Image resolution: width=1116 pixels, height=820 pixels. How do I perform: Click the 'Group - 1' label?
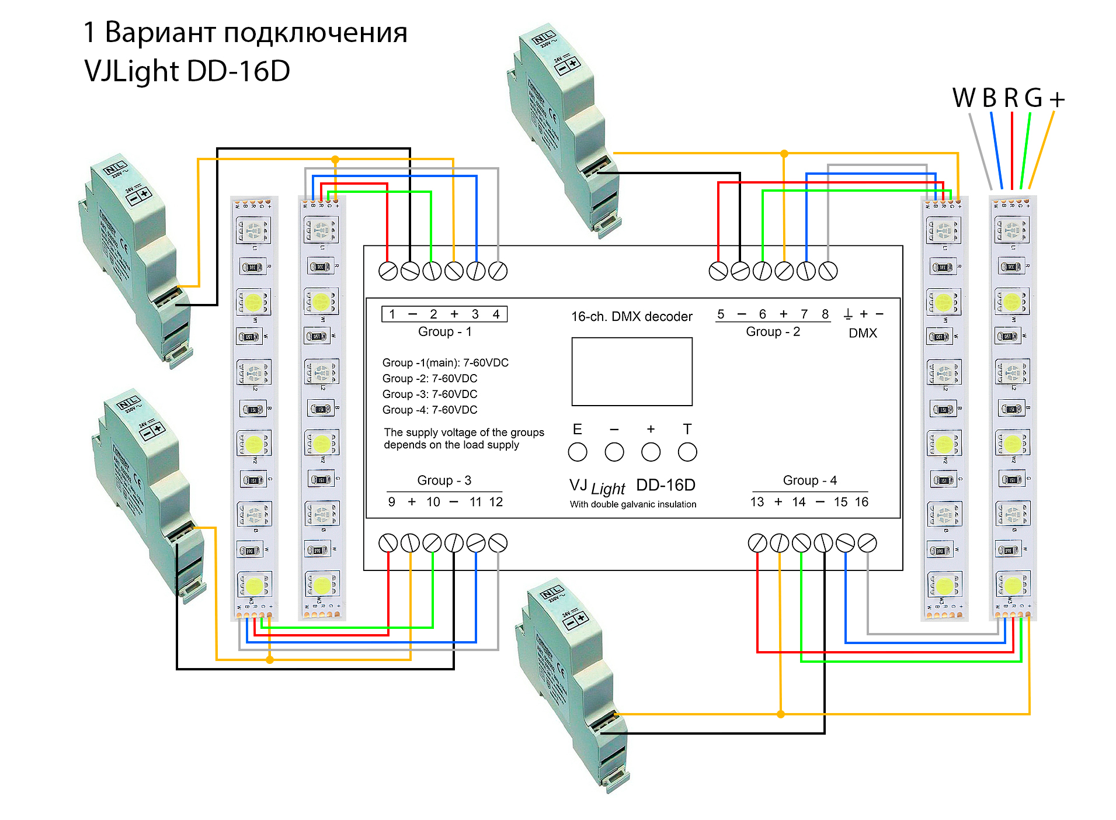pyautogui.click(x=444, y=332)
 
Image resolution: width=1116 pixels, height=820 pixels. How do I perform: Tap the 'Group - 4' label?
pyautogui.click(x=809, y=480)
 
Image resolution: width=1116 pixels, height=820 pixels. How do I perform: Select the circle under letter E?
pyautogui.click(x=577, y=452)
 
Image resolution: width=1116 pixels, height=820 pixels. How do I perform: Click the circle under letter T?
pyautogui.click(x=687, y=452)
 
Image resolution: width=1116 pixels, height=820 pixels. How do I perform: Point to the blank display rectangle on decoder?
pyautogui.click(x=632, y=372)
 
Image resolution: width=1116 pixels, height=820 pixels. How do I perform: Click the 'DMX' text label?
pyautogui.click(x=863, y=333)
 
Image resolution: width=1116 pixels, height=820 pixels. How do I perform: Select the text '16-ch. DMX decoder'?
pyautogui.click(x=631, y=317)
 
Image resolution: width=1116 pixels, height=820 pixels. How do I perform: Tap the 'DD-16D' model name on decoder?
pyautogui.click(x=666, y=485)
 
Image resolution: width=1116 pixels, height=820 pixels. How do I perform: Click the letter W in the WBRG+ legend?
pyautogui.click(x=964, y=98)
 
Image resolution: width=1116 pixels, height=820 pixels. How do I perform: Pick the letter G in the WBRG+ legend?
pyautogui.click(x=1033, y=98)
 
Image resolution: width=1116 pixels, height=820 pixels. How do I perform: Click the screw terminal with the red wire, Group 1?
pyautogui.click(x=388, y=271)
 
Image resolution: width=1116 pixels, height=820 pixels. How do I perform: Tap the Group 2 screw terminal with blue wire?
pyautogui.click(x=806, y=271)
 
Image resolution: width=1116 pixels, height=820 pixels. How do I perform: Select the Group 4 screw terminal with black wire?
pyautogui.click(x=823, y=543)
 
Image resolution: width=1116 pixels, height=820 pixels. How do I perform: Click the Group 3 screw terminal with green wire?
pyautogui.click(x=432, y=543)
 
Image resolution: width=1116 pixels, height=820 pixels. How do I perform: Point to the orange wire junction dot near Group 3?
pyautogui.click(x=269, y=660)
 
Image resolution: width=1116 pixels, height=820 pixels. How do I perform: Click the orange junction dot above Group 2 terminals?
pyautogui.click(x=784, y=154)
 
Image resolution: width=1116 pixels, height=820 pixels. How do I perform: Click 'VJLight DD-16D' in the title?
pyautogui.click(x=187, y=71)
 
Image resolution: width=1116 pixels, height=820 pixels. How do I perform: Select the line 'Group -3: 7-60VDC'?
pyautogui.click(x=430, y=395)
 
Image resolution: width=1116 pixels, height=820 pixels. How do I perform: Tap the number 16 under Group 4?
pyautogui.click(x=861, y=502)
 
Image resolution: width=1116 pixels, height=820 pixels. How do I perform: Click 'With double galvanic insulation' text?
pyautogui.click(x=633, y=504)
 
